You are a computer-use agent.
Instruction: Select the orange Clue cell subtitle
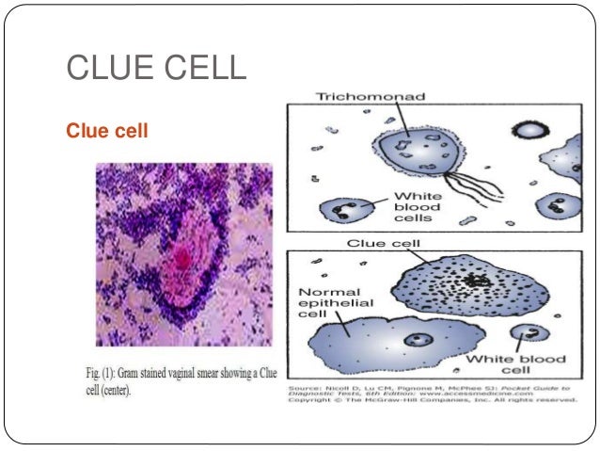[x=106, y=131]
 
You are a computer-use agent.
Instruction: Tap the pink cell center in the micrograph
[x=184, y=257]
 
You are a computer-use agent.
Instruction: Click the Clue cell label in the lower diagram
[x=379, y=242]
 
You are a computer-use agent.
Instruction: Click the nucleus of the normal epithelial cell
[x=415, y=339]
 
